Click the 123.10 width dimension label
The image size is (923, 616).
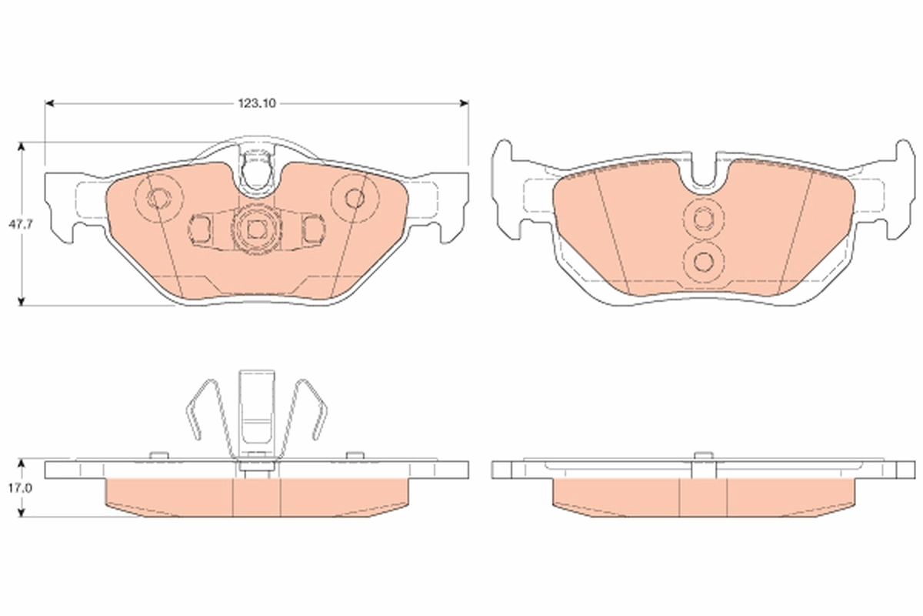click(x=256, y=102)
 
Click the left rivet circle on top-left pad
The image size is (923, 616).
click(x=158, y=199)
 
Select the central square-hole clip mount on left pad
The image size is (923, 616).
click(x=255, y=228)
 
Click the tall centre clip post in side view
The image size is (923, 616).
click(x=256, y=412)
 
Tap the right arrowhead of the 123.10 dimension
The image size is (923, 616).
click(x=464, y=102)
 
